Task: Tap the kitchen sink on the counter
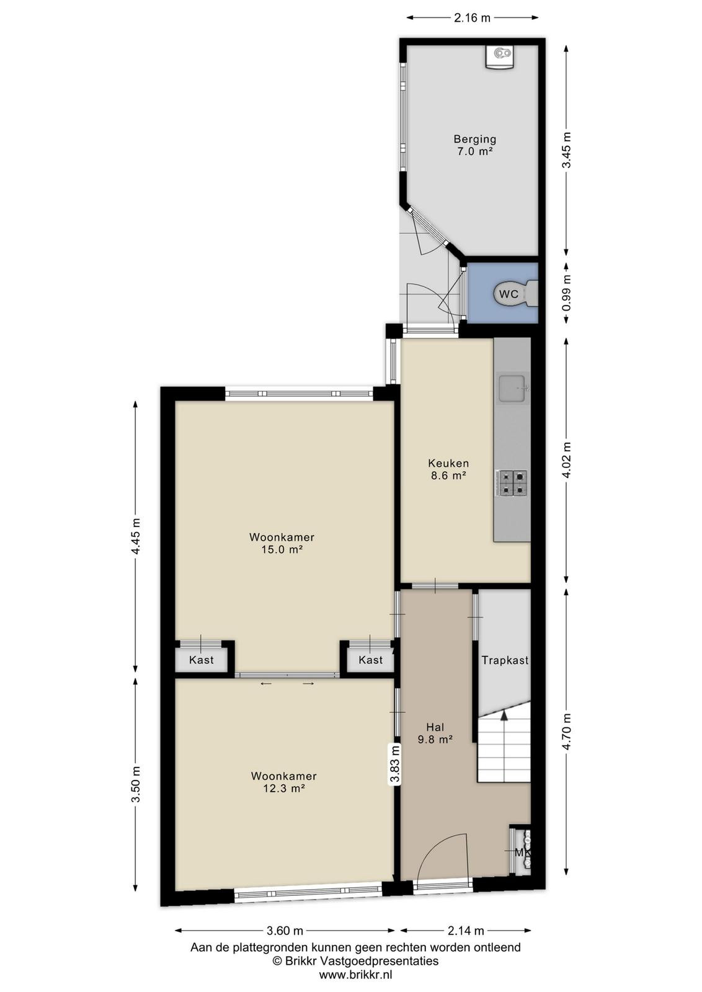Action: [x=513, y=388]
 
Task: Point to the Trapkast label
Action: [x=505, y=660]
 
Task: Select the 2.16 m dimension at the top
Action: [x=473, y=18]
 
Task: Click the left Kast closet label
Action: [x=202, y=660]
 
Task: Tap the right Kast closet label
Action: [x=371, y=660]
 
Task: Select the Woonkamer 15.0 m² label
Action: [x=282, y=543]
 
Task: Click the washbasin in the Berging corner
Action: [x=500, y=56]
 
